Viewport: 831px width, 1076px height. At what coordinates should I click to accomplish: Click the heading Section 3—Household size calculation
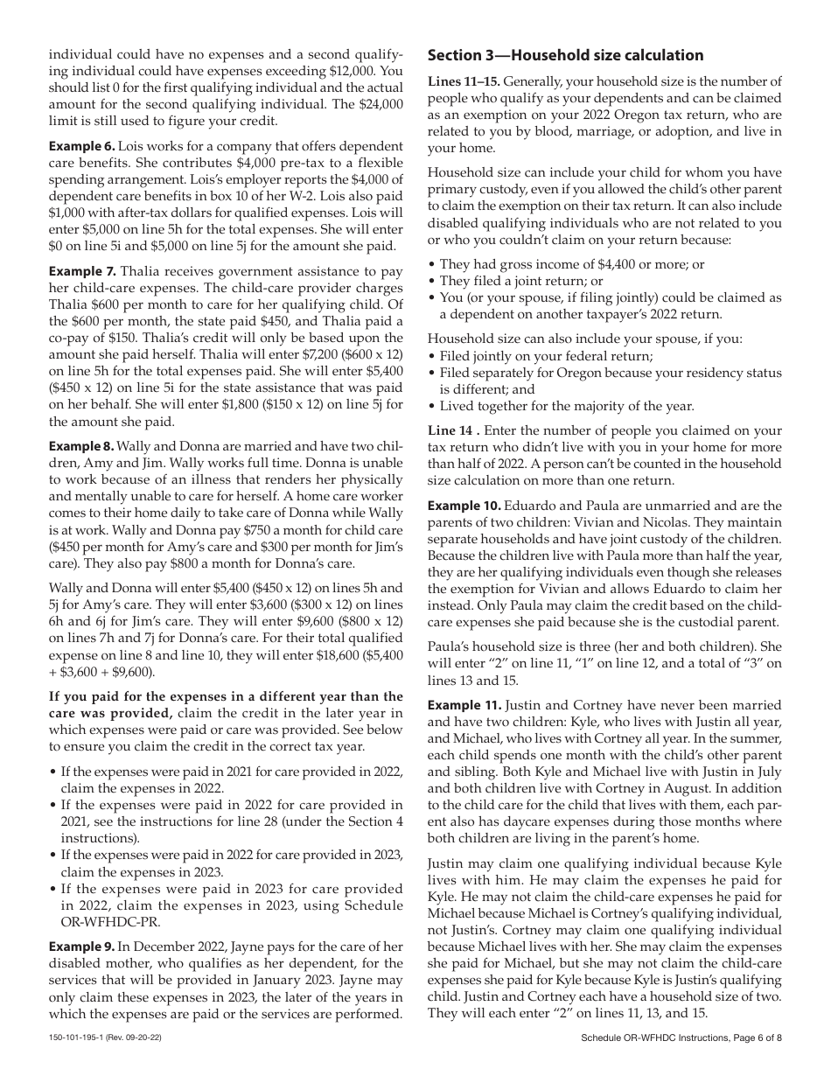565,56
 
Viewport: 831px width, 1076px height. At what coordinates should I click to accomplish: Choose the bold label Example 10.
464,507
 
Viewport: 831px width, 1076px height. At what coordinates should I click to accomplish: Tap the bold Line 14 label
451,430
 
